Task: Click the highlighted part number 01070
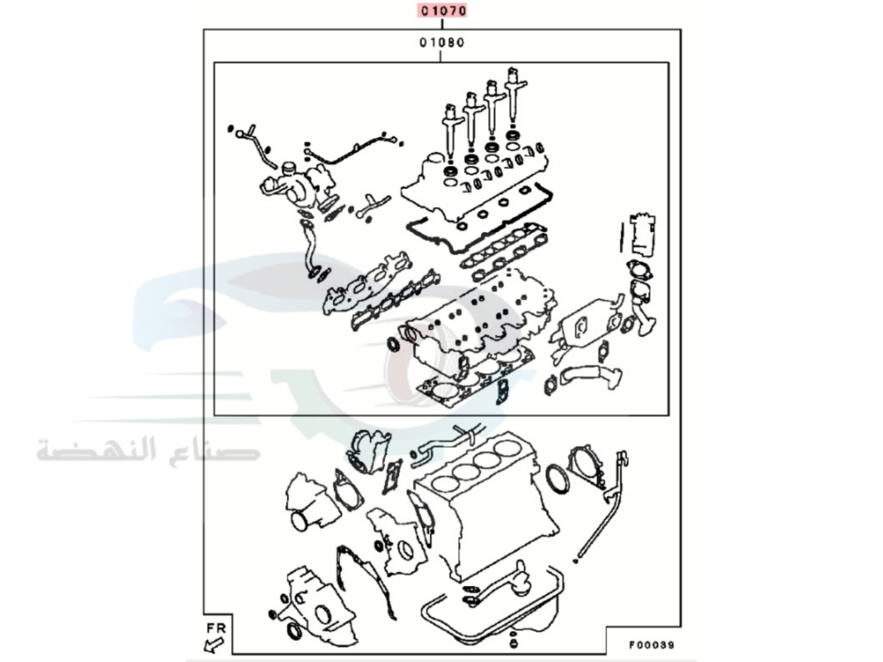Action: point(442,11)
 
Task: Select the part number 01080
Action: point(442,41)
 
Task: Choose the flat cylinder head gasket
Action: point(472,380)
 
